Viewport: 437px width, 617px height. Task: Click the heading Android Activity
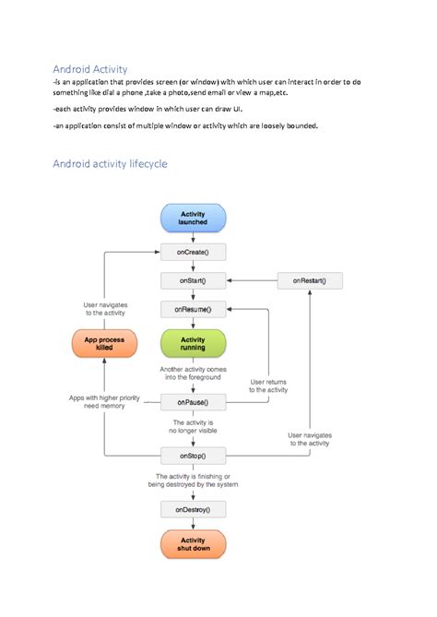[90, 69]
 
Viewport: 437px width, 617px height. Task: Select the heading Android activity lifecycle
[110, 164]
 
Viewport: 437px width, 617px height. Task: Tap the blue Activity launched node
[193, 219]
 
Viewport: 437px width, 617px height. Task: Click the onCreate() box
[193, 251]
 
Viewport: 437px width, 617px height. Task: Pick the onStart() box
[193, 279]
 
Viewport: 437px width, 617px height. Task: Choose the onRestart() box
[309, 279]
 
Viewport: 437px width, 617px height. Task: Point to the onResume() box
[193, 309]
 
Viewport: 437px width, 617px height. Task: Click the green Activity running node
[193, 343]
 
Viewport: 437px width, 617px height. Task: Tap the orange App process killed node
[104, 343]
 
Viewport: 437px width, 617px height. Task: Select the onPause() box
[193, 401]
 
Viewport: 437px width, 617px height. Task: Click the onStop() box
[193, 455]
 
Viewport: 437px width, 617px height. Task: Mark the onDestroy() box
[193, 508]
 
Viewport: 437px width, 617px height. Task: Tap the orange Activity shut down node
[193, 544]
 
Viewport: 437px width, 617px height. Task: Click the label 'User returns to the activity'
[268, 386]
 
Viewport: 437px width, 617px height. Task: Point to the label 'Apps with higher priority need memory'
[104, 402]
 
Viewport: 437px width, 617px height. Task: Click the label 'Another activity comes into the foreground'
[193, 373]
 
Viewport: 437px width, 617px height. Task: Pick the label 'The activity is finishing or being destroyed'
[196, 481]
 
